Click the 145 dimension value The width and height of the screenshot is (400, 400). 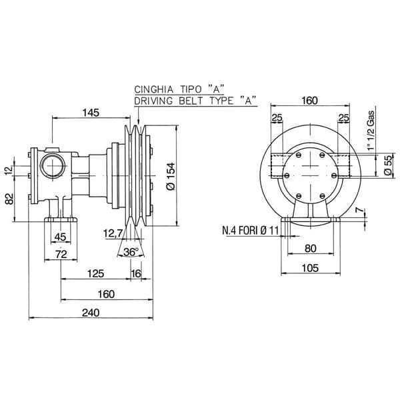pos(91,113)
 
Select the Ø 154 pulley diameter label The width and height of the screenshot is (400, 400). pos(171,176)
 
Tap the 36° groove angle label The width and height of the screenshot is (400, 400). pos(131,252)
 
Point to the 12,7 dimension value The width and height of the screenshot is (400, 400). pos(113,233)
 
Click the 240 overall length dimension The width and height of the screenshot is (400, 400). pos(91,313)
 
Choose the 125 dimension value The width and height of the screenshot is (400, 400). pos(95,273)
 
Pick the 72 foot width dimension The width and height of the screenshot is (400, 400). pos(61,255)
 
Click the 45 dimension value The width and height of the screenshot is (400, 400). pos(61,237)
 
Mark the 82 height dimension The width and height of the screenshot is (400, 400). pos(9,199)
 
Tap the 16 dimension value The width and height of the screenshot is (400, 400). pos(136,273)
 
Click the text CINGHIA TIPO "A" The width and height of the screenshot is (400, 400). pos(179,89)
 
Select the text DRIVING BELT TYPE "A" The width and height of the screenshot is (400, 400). pos(195,101)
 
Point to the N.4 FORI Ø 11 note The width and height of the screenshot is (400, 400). pos(250,231)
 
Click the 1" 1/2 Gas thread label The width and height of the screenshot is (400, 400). pos(371,130)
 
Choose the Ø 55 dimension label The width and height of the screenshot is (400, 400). pos(387,165)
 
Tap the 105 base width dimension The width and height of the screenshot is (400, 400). pos(310,268)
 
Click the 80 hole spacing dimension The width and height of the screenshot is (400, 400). pos(311,248)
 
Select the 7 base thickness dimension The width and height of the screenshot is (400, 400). pos(359,210)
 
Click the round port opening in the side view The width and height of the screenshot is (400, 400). pos(53,166)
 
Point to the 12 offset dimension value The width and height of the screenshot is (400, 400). pos(9,169)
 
